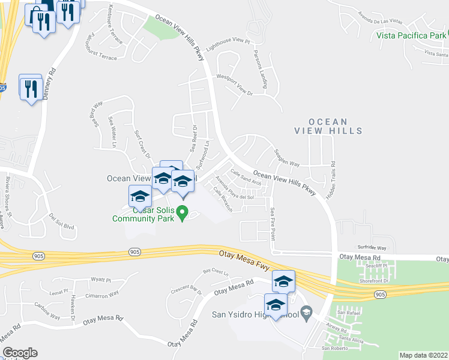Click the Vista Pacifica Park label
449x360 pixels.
[411, 35]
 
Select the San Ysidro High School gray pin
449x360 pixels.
[306, 311]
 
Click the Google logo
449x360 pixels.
[20, 353]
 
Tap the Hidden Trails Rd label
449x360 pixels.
[331, 173]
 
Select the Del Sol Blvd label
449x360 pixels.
[62, 223]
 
